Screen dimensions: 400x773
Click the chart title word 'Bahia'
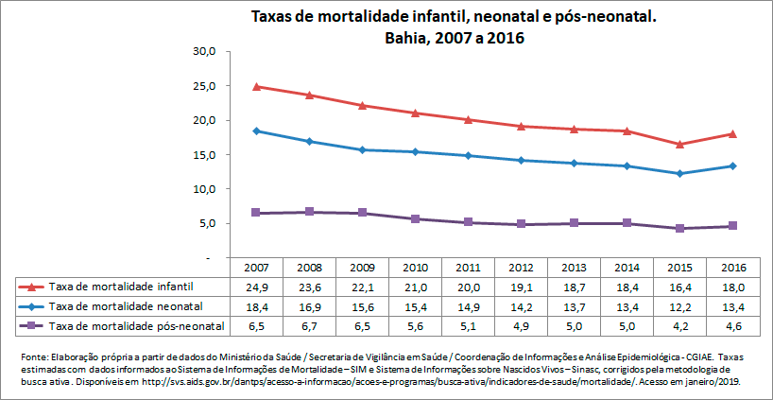point(408,39)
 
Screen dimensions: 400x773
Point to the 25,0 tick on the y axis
point(205,86)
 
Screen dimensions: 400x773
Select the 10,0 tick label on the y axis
point(205,189)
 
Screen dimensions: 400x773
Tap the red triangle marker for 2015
point(679,144)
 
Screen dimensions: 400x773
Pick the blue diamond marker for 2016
point(732,165)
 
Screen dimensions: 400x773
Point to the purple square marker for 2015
point(679,228)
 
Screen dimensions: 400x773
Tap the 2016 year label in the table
point(732,268)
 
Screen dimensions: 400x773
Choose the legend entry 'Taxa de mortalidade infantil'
point(113,286)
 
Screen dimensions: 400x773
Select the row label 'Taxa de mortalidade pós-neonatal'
point(123,325)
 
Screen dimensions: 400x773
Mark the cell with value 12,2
point(679,305)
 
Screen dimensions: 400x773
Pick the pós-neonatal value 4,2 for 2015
point(679,325)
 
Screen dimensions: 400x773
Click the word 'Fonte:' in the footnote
point(32,356)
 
